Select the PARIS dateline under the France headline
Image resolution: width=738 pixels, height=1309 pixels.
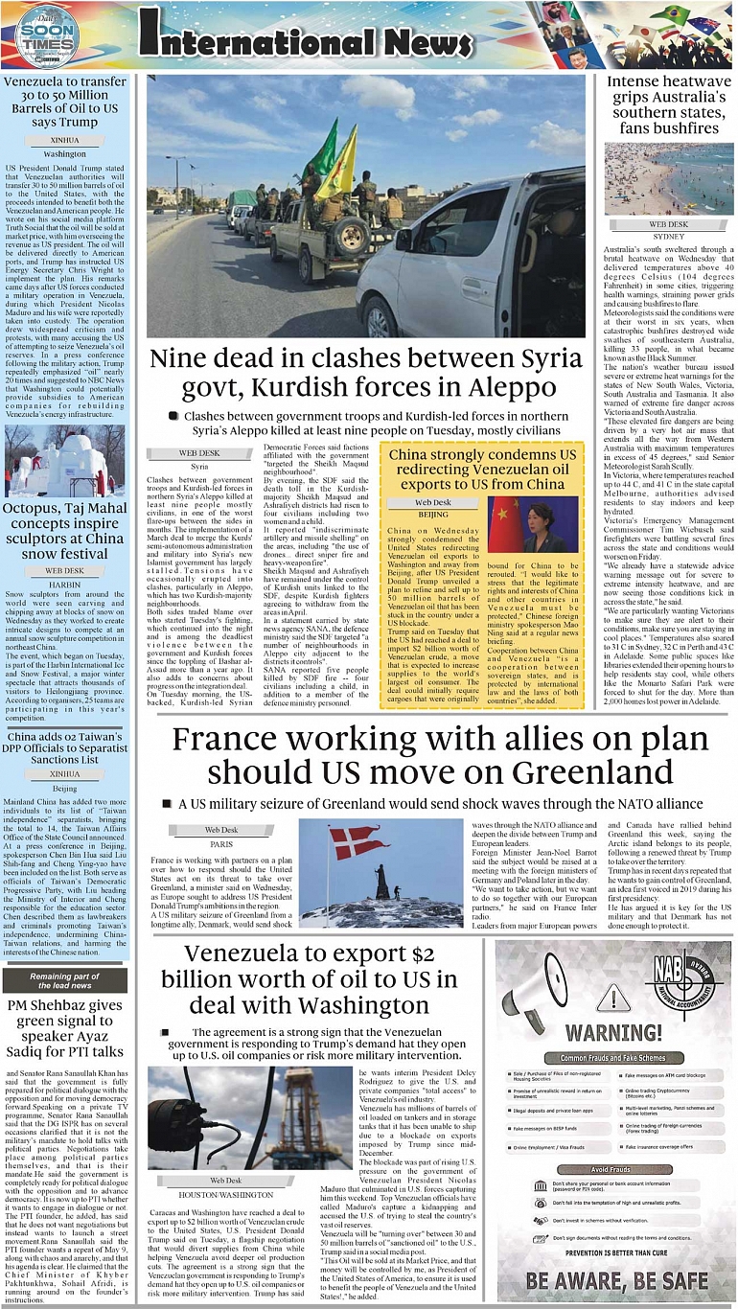click(x=221, y=844)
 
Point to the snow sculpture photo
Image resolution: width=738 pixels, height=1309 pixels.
click(x=64, y=461)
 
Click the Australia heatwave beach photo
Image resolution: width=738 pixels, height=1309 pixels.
click(x=669, y=179)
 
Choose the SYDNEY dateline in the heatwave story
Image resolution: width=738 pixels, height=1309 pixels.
click(x=668, y=236)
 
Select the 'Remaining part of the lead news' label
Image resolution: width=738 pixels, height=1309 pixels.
click(x=65, y=980)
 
